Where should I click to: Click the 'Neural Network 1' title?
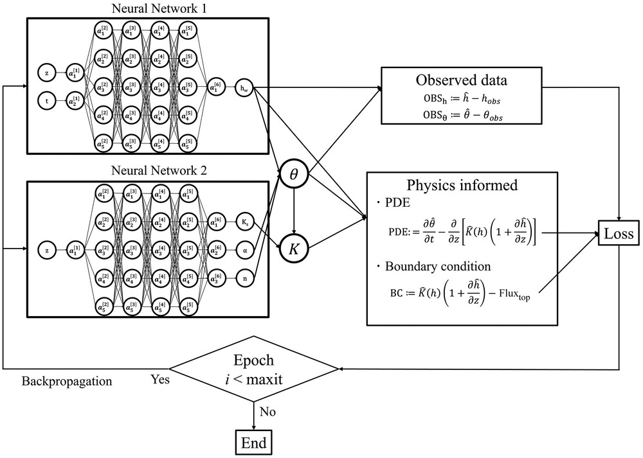pos(147,9)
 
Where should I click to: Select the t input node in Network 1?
pos(47,101)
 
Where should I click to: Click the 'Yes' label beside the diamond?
pos(160,379)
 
